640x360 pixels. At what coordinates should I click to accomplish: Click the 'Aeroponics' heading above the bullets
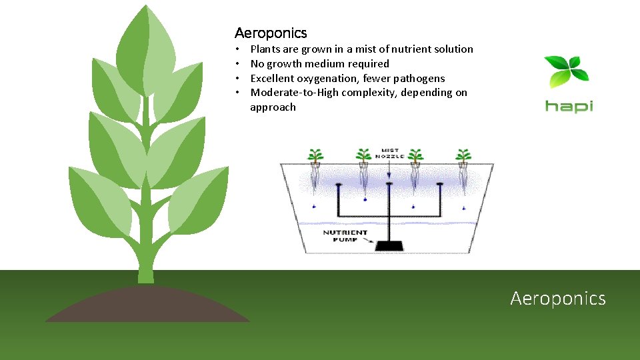tap(271, 33)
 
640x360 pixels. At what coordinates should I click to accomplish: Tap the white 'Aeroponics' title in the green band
tap(558, 298)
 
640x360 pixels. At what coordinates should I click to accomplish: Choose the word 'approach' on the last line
tap(273, 107)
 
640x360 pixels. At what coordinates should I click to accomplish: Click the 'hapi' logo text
tap(569, 106)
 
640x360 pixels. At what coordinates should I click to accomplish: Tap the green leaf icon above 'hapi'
tap(567, 72)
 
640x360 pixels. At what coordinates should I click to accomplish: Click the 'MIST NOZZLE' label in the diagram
tap(389, 154)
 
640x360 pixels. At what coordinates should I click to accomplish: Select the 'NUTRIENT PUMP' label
tap(345, 236)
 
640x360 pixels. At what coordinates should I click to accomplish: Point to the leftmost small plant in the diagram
tap(315, 157)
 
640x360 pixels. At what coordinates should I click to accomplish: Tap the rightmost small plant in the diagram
tap(463, 157)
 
